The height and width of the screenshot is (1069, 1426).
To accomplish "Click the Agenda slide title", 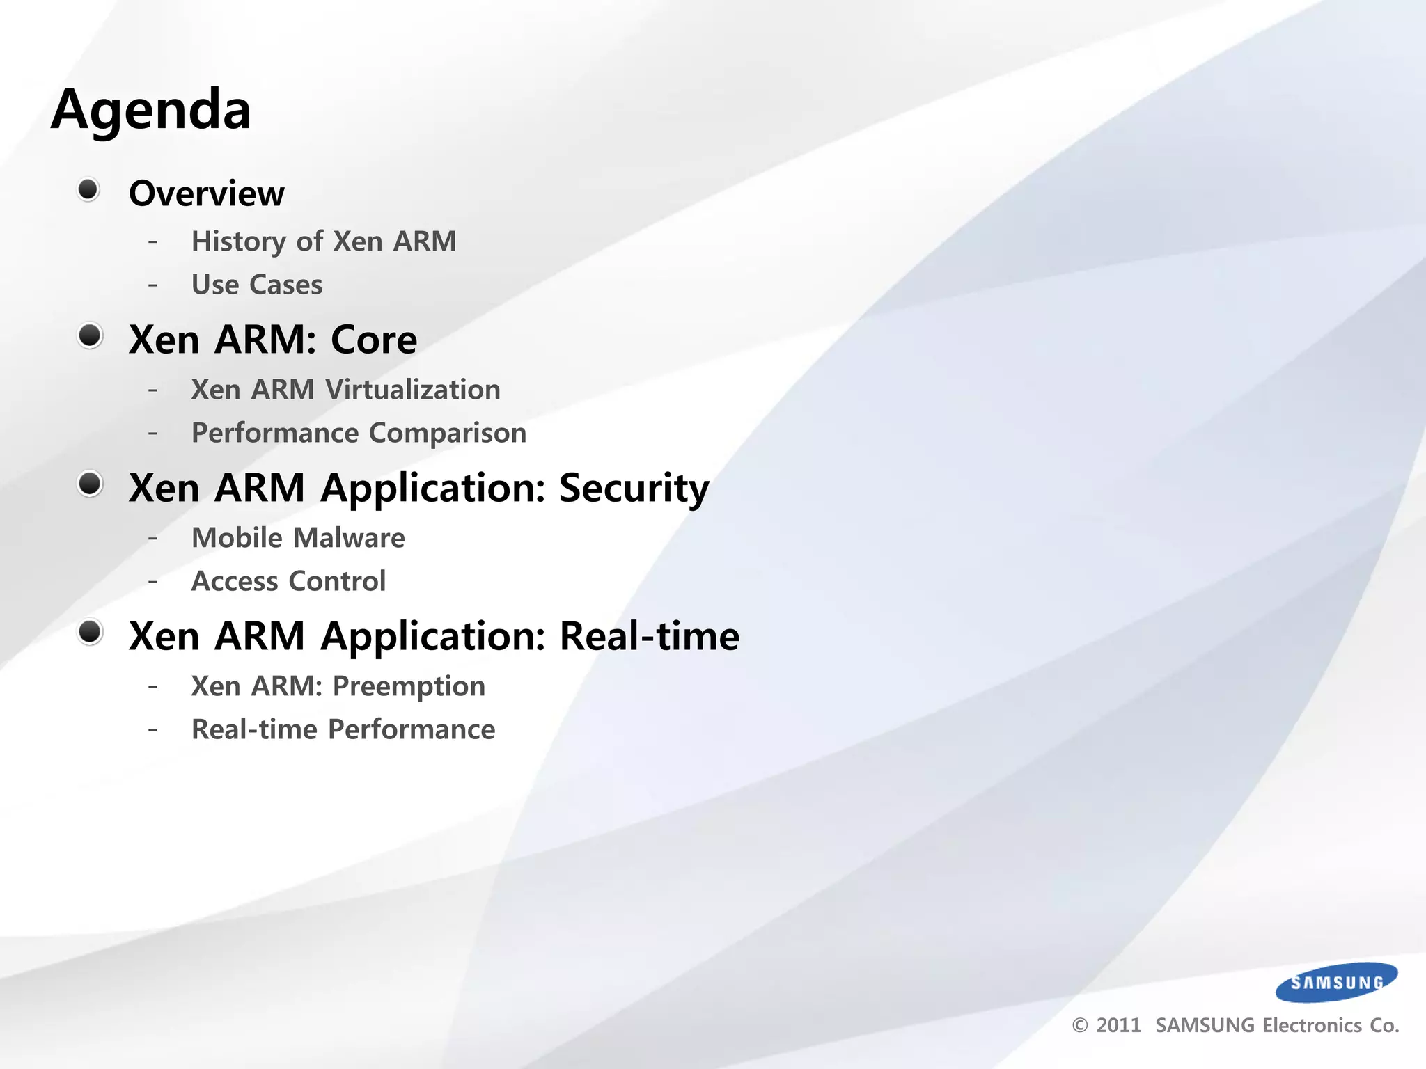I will pos(151,110).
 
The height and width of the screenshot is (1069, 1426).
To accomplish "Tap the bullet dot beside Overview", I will pos(88,189).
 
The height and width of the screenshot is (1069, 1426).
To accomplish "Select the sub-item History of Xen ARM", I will pos(324,241).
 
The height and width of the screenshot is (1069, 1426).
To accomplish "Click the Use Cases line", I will pos(257,285).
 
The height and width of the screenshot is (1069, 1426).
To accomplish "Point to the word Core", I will pos(374,340).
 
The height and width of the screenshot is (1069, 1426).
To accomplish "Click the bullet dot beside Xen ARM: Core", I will pos(90,336).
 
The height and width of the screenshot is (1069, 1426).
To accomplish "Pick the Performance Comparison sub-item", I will pos(359,433).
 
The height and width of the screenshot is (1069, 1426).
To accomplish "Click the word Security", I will pos(634,488).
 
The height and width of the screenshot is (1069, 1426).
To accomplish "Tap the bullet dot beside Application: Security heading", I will pos(90,484).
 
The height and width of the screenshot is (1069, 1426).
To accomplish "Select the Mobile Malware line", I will pos(298,538).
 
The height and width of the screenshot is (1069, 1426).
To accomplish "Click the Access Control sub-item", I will pos(288,581).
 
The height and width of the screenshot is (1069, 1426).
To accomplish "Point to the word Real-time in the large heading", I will pos(649,636).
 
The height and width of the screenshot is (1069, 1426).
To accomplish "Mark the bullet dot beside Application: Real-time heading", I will pos(90,632).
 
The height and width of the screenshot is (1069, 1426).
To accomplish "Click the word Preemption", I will pos(409,686).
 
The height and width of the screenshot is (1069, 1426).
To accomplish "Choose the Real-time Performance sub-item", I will pos(343,729).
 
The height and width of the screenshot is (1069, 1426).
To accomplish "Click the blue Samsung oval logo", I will pos(1336,982).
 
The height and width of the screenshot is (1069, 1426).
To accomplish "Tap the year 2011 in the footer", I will pos(1118,1026).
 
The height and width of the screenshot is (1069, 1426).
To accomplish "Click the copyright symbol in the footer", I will pos(1080,1026).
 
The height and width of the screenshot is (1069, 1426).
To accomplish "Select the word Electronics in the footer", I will pos(1312,1026).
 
